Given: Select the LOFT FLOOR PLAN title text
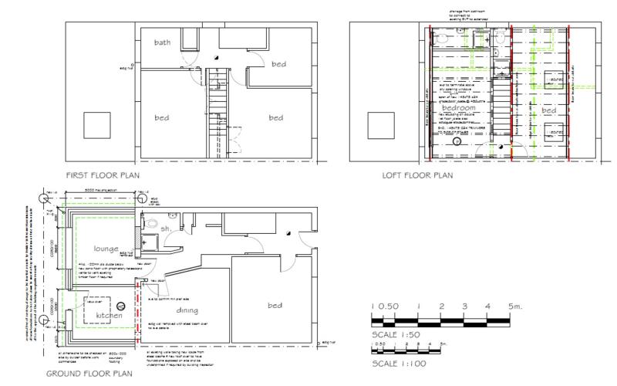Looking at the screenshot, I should [417, 176].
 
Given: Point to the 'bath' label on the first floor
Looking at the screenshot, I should [162, 42].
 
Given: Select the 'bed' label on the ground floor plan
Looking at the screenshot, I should [275, 306].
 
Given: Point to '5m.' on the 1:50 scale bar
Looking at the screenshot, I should [515, 306].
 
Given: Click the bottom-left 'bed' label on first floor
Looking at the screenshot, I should [161, 117].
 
